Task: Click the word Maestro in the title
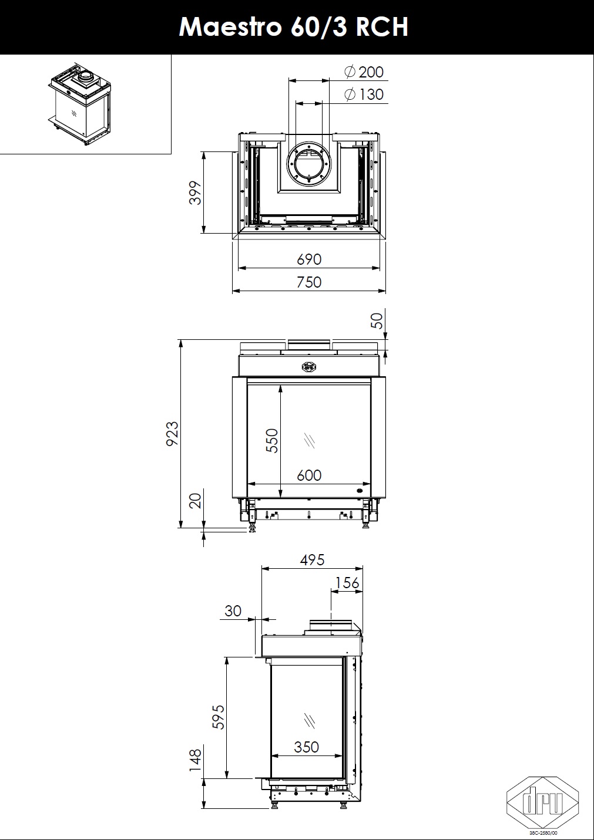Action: (230, 27)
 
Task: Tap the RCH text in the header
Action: (382, 27)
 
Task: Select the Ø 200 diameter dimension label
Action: (364, 72)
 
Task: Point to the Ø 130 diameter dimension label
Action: (364, 94)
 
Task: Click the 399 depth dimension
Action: (195, 193)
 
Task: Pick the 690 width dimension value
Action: (309, 259)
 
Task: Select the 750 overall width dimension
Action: (309, 282)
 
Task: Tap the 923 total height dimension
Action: (172, 433)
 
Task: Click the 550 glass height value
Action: (272, 441)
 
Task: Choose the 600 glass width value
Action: (309, 475)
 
